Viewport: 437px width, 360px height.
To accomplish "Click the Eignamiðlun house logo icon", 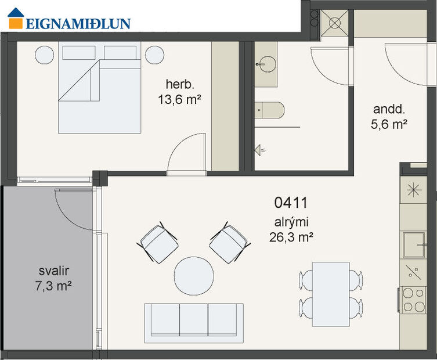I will [x=17, y=18].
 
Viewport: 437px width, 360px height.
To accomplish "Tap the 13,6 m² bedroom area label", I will [x=179, y=99].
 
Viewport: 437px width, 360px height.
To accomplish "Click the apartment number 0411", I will [x=290, y=203].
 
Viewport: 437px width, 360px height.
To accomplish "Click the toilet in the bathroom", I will [x=270, y=109].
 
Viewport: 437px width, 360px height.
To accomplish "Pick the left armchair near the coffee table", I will [x=158, y=243].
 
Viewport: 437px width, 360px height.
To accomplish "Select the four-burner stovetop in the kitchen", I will [x=414, y=300].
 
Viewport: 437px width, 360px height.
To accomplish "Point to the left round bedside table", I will [x=45, y=55].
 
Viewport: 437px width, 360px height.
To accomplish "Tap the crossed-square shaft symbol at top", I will [x=335, y=23].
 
